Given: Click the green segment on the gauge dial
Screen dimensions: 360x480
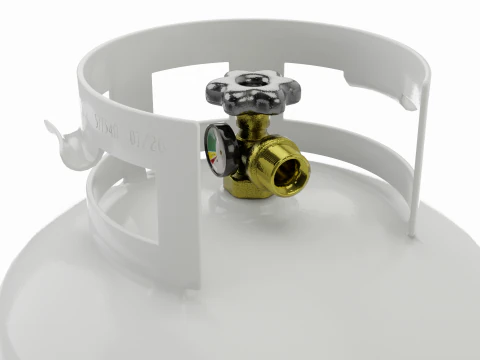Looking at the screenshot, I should coord(212,150).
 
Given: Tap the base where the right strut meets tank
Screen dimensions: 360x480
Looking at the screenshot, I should coord(412,234).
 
